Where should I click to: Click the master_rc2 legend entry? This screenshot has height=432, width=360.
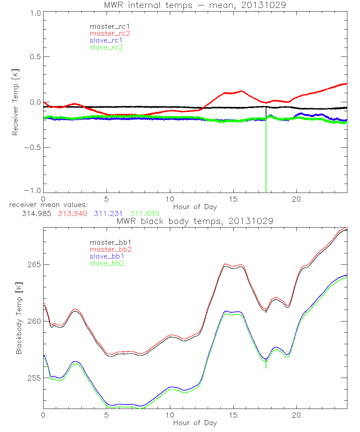click(109, 33)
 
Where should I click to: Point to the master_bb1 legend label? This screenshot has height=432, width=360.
click(109, 243)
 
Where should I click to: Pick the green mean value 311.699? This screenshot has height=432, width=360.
click(144, 214)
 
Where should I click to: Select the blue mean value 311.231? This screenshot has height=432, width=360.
click(108, 214)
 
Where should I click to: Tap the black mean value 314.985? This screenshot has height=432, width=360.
click(35, 214)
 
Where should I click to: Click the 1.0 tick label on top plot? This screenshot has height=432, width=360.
click(35, 12)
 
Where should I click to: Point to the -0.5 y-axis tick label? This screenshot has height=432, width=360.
click(33, 147)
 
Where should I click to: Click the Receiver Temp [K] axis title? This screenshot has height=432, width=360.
click(15, 102)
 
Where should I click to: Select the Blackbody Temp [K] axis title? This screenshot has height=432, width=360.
click(19, 321)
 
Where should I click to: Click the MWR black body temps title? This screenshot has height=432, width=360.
click(195, 221)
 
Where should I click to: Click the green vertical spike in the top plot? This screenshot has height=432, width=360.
click(266, 162)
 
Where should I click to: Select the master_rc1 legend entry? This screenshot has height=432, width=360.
click(109, 26)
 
